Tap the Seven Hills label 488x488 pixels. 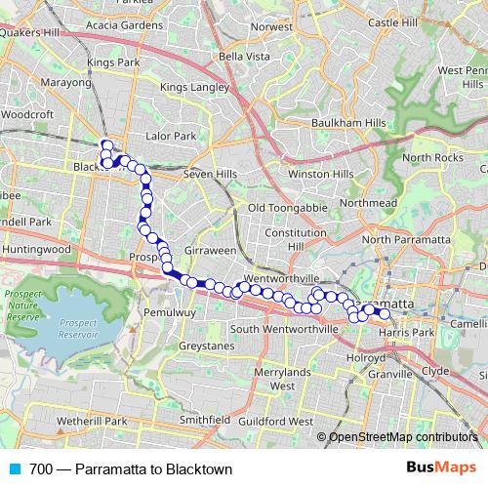[x=211, y=174]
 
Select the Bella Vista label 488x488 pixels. [x=244, y=58]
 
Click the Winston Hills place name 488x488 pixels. [x=320, y=174]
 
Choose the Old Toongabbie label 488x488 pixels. [x=285, y=208]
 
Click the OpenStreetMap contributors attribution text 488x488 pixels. [x=400, y=436]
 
